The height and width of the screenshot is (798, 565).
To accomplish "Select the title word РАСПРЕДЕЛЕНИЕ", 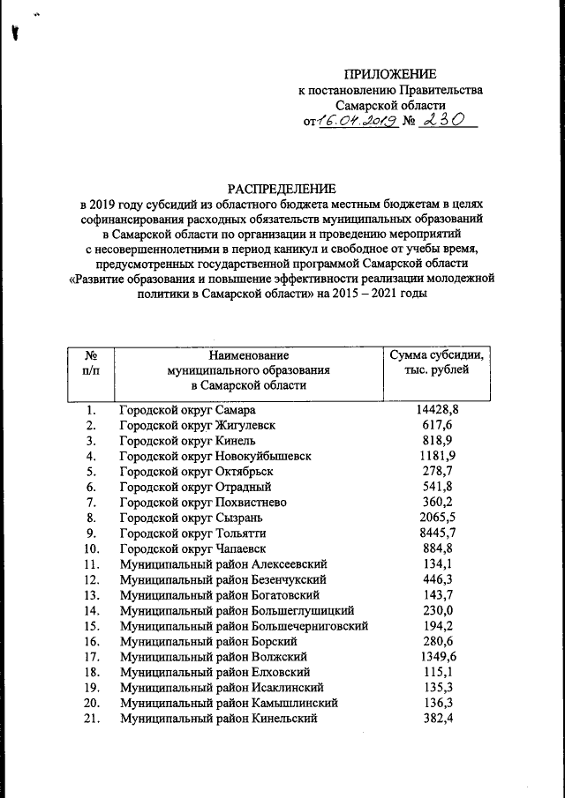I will pos(282,189).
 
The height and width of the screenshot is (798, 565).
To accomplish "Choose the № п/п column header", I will pos(90,362).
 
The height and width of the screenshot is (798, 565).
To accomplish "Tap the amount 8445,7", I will pos(437,533).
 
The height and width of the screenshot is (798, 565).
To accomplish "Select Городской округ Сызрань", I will pos(190,518).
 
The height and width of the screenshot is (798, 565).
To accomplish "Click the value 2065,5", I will pos(437,518).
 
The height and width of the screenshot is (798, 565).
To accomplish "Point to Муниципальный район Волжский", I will pos(213,657).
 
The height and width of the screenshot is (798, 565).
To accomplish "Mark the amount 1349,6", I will pos(437,657).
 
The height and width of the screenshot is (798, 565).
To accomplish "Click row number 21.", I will pos(91,719).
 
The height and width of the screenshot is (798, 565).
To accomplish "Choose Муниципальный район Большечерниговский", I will pos(244,626).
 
